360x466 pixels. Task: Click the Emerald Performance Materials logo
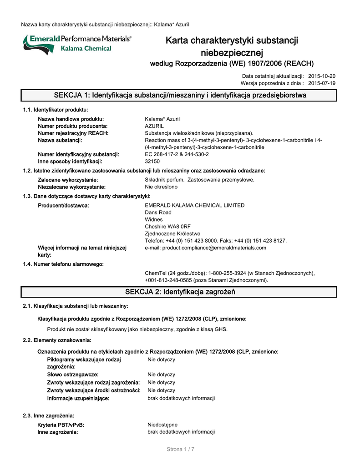point(76,44)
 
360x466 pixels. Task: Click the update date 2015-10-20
point(322,76)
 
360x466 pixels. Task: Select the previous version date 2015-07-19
point(322,83)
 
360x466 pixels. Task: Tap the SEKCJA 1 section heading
point(180,96)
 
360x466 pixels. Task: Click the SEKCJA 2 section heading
point(180,292)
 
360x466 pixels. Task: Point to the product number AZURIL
point(154,126)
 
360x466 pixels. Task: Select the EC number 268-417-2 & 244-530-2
point(177,154)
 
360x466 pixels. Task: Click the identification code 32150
point(152,162)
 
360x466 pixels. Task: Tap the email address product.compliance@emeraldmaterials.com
point(205,248)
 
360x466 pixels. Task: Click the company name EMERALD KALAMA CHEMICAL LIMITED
point(194,205)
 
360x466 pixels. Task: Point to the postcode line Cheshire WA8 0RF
point(167,227)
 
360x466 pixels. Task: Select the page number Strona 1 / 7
point(180,450)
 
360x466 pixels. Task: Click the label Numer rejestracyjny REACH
point(73,133)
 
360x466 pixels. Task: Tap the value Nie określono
point(161,187)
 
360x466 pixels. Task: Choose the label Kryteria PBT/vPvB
point(61,425)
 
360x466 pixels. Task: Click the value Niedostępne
point(162,425)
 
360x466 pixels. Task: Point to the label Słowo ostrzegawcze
point(72,375)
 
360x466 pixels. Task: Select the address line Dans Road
point(158,213)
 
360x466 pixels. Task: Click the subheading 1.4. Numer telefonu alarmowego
point(63,264)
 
